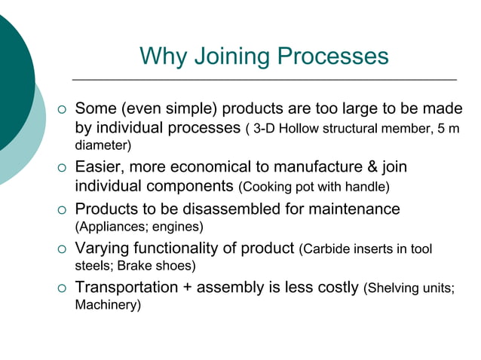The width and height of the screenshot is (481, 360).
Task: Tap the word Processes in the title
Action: [333, 56]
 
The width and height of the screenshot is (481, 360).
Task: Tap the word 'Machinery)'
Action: [108, 306]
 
